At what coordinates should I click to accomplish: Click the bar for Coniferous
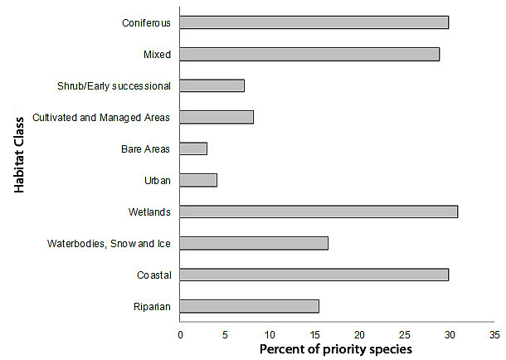pos(314,22)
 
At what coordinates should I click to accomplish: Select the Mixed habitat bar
pos(309,54)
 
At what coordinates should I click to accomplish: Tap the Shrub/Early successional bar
pos(212,85)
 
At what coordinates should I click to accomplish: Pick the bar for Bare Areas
pos(193,148)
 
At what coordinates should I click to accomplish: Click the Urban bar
pos(198,180)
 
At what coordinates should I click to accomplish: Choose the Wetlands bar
pos(319,212)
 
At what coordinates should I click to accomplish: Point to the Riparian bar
pos(250,306)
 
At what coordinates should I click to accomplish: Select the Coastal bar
pos(314,275)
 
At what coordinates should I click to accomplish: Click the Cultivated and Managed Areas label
pos(101,117)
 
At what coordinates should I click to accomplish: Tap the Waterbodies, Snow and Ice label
pos(109,243)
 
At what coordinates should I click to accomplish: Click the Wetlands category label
pos(150,212)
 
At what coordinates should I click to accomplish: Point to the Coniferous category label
pos(146,22)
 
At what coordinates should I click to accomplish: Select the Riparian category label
pos(153,306)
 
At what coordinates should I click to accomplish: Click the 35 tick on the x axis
pos(494,335)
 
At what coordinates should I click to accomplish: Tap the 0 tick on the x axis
pos(180,335)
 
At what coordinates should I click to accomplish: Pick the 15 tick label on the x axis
pos(314,335)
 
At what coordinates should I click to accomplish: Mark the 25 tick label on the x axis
pos(404,335)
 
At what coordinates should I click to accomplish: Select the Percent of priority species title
pos(335,349)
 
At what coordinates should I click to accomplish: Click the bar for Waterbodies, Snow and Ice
pos(254,243)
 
